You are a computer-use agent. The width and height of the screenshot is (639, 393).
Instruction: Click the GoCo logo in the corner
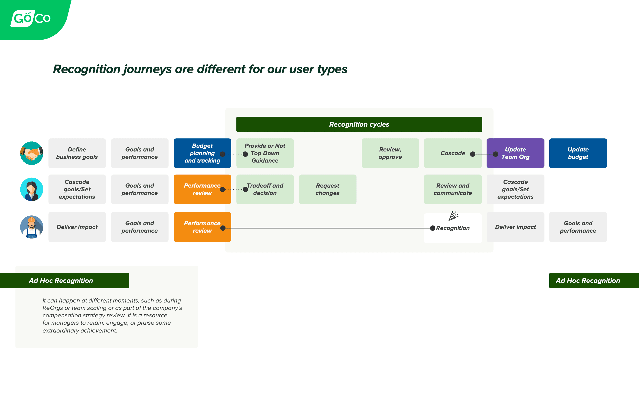pyautogui.click(x=31, y=18)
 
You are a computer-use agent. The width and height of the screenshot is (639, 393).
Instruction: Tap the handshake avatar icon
pyautogui.click(x=32, y=153)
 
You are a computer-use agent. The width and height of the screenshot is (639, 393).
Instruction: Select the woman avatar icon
pyautogui.click(x=32, y=189)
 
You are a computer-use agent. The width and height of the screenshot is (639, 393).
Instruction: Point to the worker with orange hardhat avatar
pyautogui.click(x=32, y=227)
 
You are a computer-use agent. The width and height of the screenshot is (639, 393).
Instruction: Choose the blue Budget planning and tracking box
pyautogui.click(x=202, y=153)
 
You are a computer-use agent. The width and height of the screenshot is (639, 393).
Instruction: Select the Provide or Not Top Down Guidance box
pyautogui.click(x=265, y=153)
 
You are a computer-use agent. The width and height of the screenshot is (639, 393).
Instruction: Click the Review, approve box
pyautogui.click(x=390, y=153)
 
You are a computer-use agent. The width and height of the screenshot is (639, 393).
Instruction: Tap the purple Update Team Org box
pyautogui.click(x=515, y=153)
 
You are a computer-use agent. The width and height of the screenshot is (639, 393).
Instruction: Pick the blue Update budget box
pyautogui.click(x=578, y=153)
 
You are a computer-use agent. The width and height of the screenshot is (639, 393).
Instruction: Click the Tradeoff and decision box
pyautogui.click(x=265, y=189)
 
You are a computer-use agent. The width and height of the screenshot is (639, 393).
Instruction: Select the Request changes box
pyautogui.click(x=328, y=189)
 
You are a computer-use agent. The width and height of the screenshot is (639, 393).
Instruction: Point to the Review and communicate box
pyautogui.click(x=453, y=189)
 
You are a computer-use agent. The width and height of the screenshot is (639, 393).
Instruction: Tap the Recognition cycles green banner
pyautogui.click(x=359, y=124)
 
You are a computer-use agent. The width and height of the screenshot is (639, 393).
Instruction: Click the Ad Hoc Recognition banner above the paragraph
pyautogui.click(x=64, y=280)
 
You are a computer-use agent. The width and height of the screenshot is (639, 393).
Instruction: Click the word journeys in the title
pyautogui.click(x=148, y=69)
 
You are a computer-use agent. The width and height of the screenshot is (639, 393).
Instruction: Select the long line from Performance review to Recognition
pyautogui.click(x=327, y=228)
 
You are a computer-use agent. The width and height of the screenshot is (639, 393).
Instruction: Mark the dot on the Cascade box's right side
pyautogui.click(x=473, y=154)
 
